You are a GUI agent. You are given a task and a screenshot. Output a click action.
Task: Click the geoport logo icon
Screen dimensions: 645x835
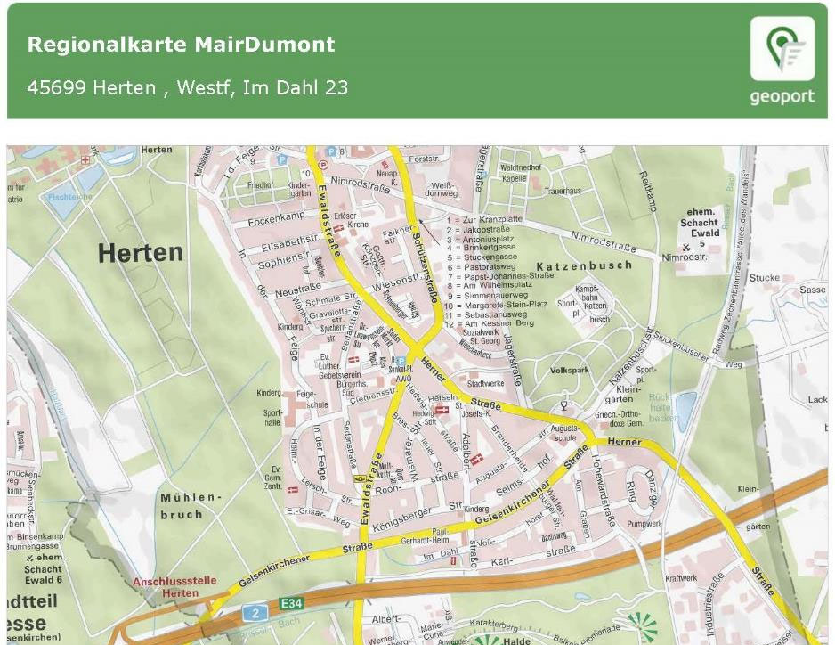pos(782,50)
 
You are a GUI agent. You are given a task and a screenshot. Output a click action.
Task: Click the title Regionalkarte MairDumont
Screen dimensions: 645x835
pos(181,45)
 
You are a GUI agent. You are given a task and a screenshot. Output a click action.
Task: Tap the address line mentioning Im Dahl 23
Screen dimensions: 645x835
pos(187,87)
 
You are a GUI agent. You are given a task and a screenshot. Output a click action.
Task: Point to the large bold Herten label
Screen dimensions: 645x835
pos(140,253)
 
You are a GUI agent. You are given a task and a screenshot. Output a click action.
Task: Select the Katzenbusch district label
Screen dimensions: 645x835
pos(584,265)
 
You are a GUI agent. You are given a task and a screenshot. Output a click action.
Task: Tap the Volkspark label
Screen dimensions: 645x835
pos(570,370)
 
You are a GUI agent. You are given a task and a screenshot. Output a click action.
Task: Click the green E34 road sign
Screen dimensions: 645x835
pos(291,604)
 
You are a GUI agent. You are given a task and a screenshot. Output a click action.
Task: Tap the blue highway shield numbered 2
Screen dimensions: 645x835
pos(255,613)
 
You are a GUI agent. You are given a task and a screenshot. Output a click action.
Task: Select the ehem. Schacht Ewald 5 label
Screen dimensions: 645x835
pos(699,227)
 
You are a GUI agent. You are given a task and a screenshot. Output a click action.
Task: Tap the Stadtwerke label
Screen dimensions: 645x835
pos(485,383)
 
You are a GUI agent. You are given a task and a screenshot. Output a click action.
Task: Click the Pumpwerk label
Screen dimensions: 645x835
pos(644,524)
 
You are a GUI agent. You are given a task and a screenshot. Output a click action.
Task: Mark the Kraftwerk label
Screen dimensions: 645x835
pos(681,578)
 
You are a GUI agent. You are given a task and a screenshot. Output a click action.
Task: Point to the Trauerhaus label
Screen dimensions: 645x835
pos(563,191)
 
